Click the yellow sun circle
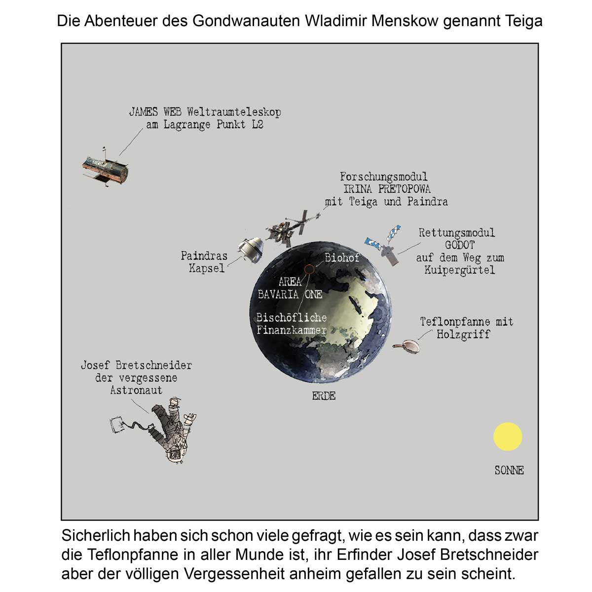click(x=508, y=437)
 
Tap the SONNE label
click(x=509, y=470)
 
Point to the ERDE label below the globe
click(x=324, y=396)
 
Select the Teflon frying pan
click(x=408, y=346)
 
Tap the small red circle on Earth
click(x=309, y=269)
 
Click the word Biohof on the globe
click(x=342, y=258)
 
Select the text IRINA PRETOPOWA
click(x=387, y=189)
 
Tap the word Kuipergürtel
click(x=459, y=270)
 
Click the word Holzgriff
click(x=463, y=334)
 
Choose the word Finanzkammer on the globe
click(x=292, y=330)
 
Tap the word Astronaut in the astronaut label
click(x=136, y=390)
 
